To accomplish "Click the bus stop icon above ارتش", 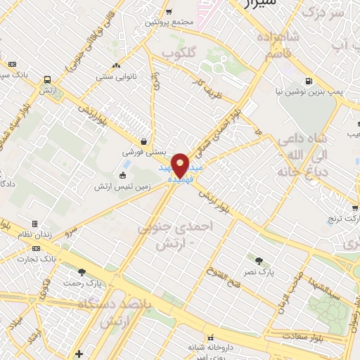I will point(47,79).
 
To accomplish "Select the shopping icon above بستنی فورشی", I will point(144,141).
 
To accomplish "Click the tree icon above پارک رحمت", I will point(82,272).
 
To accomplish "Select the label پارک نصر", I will point(265,271).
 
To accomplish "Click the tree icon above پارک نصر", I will point(265,260).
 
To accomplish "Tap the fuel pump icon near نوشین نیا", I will point(309,80).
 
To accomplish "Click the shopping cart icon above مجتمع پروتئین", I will point(168,11).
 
